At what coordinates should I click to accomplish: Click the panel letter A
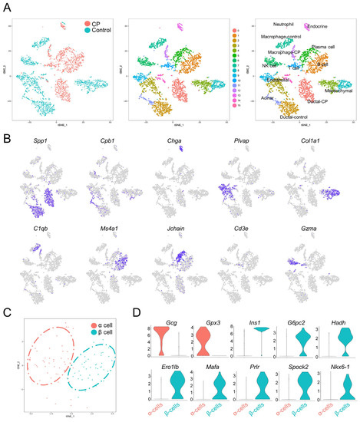coord(6,5)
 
